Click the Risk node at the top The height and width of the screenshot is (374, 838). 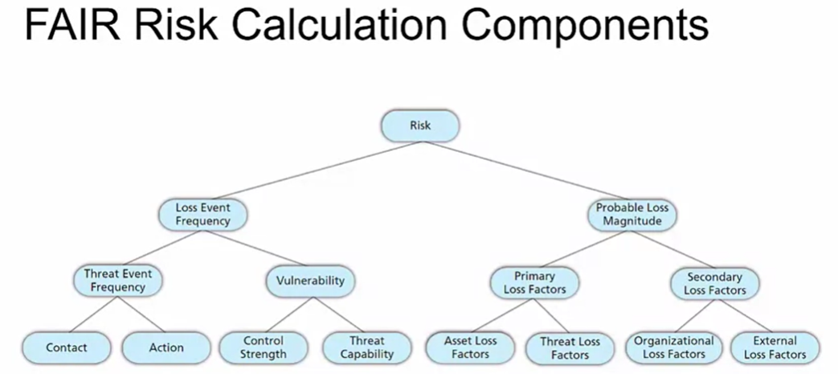[x=420, y=126]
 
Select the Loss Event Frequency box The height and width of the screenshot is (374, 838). [x=203, y=214]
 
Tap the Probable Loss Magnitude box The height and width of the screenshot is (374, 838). [x=632, y=214]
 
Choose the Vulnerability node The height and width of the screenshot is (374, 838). [x=309, y=281]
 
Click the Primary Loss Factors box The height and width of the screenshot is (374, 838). [x=534, y=282]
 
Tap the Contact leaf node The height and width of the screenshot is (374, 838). [x=67, y=347]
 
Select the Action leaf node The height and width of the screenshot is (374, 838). [x=166, y=347]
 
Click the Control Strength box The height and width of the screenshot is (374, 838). [x=264, y=347]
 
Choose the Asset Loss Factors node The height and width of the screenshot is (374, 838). [x=471, y=347]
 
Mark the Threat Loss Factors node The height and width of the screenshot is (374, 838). [x=570, y=347]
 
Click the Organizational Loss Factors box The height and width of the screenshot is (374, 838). [x=673, y=347]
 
